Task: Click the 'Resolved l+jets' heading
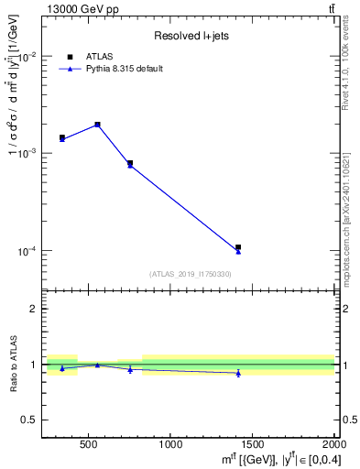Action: (x=190, y=37)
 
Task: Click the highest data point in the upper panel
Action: (x=97, y=125)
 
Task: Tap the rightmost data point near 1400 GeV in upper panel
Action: (x=238, y=248)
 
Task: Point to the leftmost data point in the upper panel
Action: (x=62, y=138)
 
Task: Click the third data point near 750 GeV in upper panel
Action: (x=130, y=164)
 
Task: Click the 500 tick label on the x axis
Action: (x=89, y=445)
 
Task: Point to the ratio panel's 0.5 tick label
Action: (x=31, y=420)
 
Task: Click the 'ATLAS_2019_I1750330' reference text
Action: (x=190, y=274)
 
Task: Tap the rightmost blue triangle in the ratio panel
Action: (x=238, y=373)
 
